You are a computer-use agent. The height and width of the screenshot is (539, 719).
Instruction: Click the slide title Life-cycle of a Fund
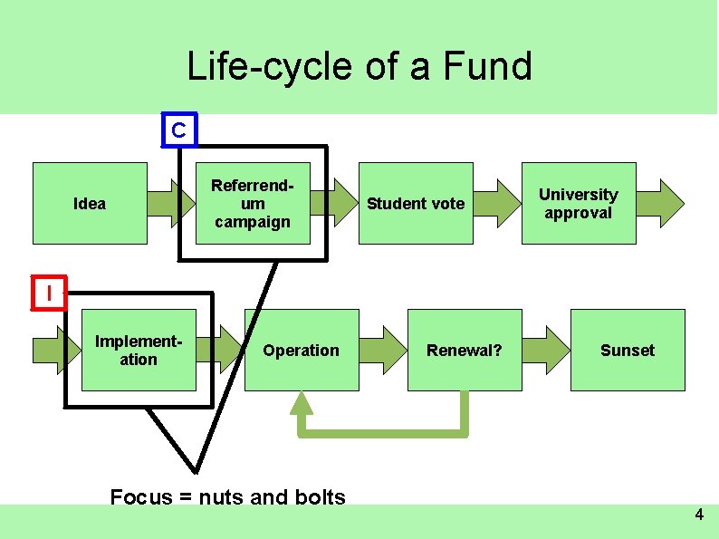pos(359,66)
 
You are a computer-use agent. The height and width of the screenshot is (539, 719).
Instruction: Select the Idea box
pos(90,204)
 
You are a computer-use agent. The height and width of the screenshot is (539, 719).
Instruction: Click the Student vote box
pos(416,204)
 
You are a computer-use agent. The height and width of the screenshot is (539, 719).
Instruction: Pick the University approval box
pos(579,204)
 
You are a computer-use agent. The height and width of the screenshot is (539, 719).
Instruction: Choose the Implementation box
pos(139,351)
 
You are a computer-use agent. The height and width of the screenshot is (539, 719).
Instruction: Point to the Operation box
pos(302,351)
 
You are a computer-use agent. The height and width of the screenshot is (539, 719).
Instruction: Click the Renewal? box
pos(465,351)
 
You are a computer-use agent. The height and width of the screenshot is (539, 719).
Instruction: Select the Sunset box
pos(627,351)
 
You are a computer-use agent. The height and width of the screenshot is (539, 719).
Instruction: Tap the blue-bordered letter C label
pos(178,131)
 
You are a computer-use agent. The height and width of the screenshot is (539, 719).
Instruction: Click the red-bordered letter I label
pos(49,294)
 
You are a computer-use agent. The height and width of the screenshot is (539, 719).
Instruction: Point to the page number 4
pos(698,515)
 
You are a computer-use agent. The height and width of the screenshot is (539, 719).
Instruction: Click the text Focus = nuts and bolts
pos(227,496)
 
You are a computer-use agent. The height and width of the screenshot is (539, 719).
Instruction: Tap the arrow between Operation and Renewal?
pos(384,350)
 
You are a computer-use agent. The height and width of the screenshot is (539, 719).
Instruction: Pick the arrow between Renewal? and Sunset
pos(546,350)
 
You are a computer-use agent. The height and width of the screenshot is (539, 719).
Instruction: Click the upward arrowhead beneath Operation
pos(302,405)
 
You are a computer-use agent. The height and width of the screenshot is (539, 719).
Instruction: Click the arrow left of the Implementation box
pos(51,350)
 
